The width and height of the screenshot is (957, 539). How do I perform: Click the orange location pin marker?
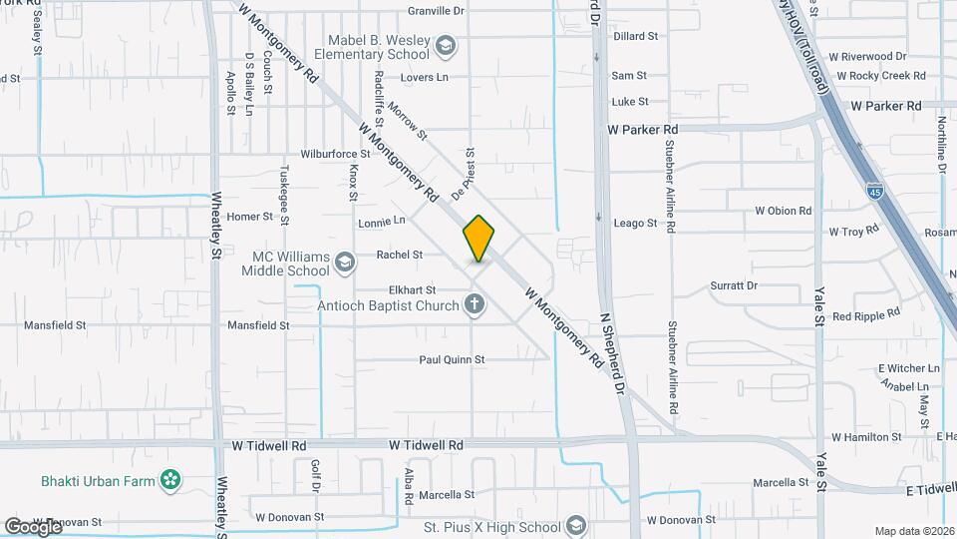tap(478, 239)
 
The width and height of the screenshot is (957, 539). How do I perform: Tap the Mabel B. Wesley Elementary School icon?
tap(445, 46)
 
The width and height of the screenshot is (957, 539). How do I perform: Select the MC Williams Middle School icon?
tap(345, 263)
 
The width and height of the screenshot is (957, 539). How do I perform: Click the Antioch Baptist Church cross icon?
tap(475, 305)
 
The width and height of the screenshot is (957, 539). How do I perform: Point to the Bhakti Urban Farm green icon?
tap(172, 481)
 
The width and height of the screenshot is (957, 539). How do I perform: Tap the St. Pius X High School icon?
tap(575, 526)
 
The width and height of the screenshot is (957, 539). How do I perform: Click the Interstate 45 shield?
tap(873, 196)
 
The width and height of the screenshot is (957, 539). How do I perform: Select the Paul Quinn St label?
tap(451, 359)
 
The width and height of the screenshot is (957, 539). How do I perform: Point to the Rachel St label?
tap(400, 255)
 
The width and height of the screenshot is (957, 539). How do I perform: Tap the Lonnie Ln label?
tap(382, 220)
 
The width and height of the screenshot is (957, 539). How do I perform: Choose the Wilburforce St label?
tap(336, 155)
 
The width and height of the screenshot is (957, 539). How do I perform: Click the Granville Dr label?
tap(436, 11)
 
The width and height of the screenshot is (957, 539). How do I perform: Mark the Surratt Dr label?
tap(734, 285)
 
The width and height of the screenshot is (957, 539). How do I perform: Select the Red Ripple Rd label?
tap(865, 315)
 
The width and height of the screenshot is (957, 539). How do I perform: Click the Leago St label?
tap(635, 224)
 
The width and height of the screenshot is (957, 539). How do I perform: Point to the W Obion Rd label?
tap(783, 211)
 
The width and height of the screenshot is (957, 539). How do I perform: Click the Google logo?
tap(33, 526)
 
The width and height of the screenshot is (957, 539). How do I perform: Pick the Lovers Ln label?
tap(425, 77)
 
